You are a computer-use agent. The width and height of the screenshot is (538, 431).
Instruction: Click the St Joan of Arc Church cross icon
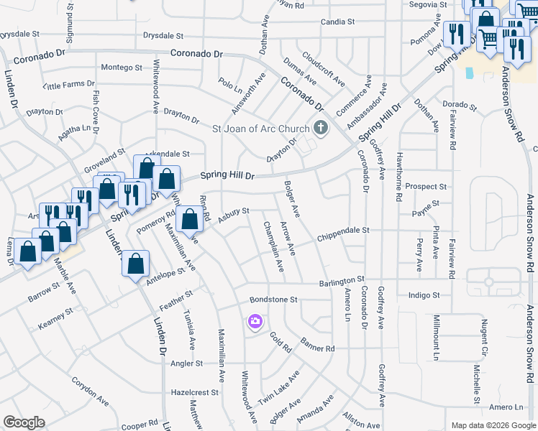click(x=321, y=129)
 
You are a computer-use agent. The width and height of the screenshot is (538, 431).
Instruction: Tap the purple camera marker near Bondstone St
click(x=255, y=320)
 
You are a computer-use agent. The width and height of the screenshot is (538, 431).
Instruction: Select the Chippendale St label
click(x=343, y=231)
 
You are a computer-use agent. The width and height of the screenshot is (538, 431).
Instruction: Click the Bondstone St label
click(x=273, y=299)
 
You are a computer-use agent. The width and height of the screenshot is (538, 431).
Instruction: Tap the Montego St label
click(x=122, y=68)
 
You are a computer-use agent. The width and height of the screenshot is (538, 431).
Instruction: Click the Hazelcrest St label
click(x=195, y=393)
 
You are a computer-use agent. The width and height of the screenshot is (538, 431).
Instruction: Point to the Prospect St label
click(x=426, y=187)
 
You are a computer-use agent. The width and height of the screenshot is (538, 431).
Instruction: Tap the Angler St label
click(x=187, y=363)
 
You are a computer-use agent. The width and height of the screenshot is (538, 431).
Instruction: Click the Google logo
click(x=24, y=422)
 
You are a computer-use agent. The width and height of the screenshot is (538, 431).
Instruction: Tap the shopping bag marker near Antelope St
click(x=135, y=264)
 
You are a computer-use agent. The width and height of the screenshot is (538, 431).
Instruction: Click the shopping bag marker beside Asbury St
click(x=189, y=221)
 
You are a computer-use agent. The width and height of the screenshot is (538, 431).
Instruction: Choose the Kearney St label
click(x=55, y=317)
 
